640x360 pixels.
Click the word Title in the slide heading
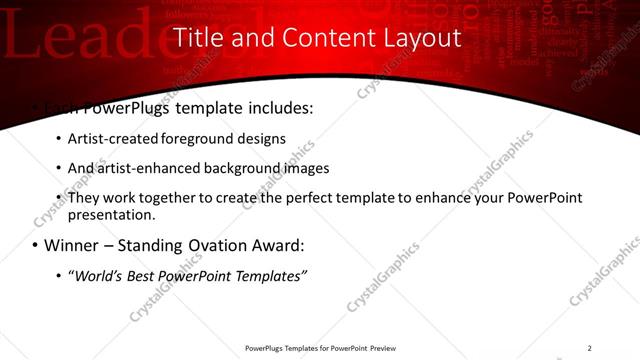[x=197, y=38]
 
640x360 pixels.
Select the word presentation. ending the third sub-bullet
[x=112, y=214]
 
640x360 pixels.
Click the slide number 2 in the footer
[x=590, y=347]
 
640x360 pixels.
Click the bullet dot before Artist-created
[x=58, y=139]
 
